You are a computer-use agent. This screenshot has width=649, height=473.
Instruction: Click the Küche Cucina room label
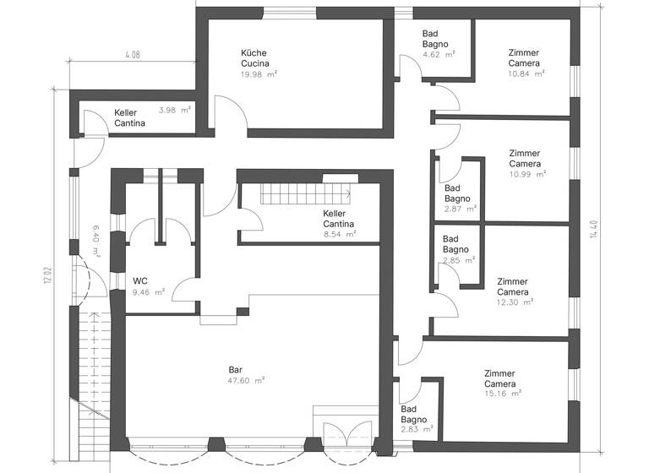tap(254, 58)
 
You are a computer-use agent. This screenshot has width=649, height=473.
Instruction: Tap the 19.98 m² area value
tap(259, 74)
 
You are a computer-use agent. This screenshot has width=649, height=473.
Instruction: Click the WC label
tap(140, 281)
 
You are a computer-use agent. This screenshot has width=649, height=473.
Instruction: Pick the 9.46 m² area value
tap(147, 293)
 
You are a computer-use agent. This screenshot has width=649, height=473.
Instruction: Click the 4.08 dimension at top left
tap(132, 55)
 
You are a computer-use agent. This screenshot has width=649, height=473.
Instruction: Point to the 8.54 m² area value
tap(339, 234)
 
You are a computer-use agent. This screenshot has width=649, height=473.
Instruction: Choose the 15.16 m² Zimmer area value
tap(503, 393)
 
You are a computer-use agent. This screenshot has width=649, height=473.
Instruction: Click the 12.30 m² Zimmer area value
tap(515, 302)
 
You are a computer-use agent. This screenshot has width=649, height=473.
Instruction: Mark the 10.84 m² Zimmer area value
tap(526, 73)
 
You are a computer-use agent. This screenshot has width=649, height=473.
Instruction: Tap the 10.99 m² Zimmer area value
tap(527, 174)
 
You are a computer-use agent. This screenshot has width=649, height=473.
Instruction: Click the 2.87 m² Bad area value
tap(460, 208)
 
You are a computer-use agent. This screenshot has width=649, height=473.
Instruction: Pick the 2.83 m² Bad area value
tap(417, 429)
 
